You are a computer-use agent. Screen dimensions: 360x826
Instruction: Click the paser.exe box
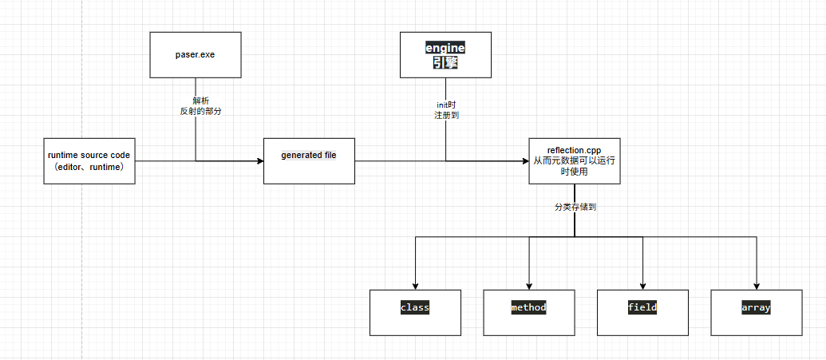point(196,55)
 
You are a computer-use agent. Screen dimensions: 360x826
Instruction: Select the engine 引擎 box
point(445,55)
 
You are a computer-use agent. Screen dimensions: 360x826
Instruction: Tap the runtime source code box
point(89,160)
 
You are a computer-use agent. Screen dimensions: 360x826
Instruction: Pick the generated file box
point(309,160)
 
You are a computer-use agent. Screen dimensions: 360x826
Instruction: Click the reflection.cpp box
point(575,160)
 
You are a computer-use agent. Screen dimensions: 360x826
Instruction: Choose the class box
point(415,311)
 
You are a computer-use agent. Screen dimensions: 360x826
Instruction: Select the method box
point(529,311)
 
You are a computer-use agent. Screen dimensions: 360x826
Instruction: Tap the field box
point(642,311)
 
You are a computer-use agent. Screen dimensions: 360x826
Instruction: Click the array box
point(756,311)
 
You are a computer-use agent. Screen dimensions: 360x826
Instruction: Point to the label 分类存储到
point(575,207)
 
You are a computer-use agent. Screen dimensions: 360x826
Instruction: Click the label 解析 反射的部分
point(196,106)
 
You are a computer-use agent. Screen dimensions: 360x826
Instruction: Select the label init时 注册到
point(446,110)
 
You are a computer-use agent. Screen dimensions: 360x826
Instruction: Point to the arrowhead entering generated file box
point(259,161)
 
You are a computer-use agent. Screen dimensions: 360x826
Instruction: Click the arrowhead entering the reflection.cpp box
point(524,161)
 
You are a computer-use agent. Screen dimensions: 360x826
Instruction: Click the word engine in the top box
point(445,48)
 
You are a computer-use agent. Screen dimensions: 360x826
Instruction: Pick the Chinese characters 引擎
point(445,62)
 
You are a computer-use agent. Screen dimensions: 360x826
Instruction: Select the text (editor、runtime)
point(89,167)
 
